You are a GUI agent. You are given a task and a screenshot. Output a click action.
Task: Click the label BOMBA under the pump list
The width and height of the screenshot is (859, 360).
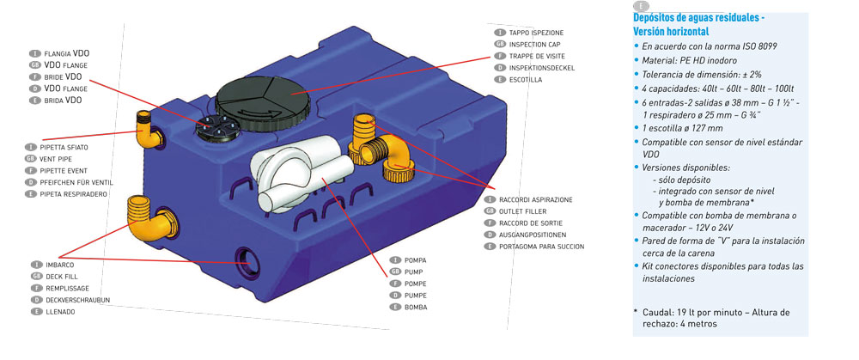pos(416,307)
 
